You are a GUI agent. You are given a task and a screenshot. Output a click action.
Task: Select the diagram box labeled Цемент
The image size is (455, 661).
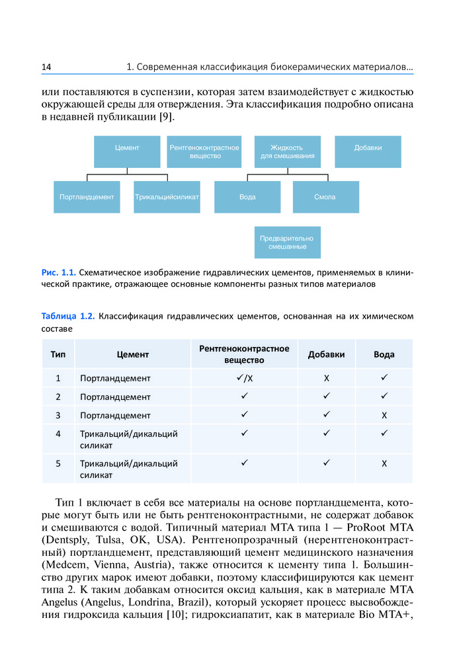tap(127, 152)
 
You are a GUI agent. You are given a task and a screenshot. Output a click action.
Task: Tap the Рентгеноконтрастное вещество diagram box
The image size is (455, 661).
tap(204, 152)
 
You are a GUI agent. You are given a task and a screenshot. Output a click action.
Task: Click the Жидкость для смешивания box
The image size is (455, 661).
tap(287, 152)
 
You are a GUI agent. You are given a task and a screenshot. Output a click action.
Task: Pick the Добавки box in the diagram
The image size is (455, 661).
tap(368, 152)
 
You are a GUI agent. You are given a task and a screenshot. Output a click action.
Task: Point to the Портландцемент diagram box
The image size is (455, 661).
tap(87, 197)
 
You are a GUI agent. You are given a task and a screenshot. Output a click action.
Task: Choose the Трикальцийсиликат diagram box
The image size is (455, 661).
tap(167, 197)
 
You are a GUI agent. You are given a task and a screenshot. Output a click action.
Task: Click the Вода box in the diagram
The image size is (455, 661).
tap(247, 197)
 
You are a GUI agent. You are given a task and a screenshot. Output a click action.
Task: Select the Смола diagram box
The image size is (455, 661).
tap(325, 197)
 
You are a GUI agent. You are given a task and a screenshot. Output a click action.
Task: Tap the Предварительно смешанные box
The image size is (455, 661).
tap(287, 242)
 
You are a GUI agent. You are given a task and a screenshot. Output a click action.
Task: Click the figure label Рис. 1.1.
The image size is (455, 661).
tap(59, 272)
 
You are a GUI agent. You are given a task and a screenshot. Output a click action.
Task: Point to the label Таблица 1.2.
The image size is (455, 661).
tap(68, 316)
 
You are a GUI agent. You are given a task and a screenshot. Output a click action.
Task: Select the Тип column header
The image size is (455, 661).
tap(58, 354)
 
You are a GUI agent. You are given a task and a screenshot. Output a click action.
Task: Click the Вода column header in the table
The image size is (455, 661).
tap(384, 354)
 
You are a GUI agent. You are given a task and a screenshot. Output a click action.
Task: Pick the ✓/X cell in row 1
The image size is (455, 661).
tap(244, 378)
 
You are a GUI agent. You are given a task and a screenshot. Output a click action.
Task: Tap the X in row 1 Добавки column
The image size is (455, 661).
tap(326, 379)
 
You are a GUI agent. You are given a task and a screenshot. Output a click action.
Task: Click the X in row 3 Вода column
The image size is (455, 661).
tap(384, 416)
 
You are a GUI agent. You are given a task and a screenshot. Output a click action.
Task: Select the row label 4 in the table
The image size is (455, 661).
tap(58, 434)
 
